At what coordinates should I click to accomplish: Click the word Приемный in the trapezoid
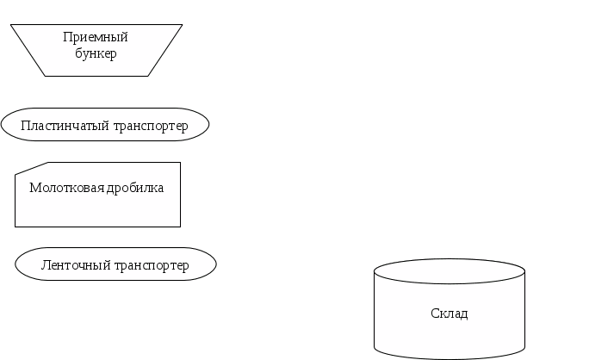(96, 37)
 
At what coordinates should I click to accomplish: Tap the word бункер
(96, 53)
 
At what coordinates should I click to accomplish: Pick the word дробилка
(134, 188)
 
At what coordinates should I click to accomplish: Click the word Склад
(449, 313)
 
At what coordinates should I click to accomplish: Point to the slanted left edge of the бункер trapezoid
(28, 50)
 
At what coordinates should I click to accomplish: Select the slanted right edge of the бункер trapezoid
(165, 50)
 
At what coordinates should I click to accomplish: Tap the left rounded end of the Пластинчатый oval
(7, 126)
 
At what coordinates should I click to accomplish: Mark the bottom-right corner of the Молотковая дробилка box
(180, 226)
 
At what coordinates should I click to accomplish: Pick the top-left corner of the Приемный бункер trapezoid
(11, 25)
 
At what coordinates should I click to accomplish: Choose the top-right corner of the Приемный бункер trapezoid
(182, 25)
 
